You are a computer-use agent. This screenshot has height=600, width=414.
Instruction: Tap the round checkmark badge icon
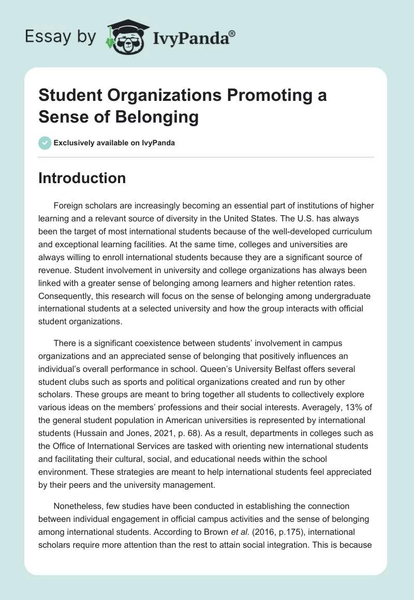45,143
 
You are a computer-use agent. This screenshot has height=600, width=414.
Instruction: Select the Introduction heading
82,178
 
